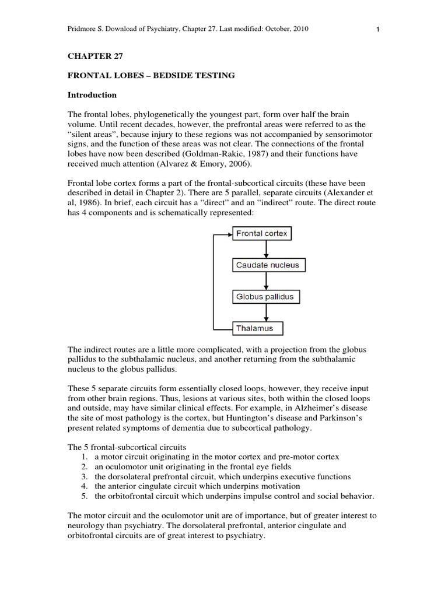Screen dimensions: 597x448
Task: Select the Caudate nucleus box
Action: click(267, 265)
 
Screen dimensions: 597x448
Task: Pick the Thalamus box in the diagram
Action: click(257, 328)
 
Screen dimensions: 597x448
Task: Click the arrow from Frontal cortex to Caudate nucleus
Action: click(267, 250)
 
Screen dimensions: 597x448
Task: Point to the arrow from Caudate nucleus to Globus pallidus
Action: click(267, 281)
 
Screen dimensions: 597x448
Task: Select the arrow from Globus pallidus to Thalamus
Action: click(267, 312)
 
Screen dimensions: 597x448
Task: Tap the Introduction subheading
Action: click(92, 94)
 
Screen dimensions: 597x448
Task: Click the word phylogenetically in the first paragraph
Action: click(160, 114)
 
